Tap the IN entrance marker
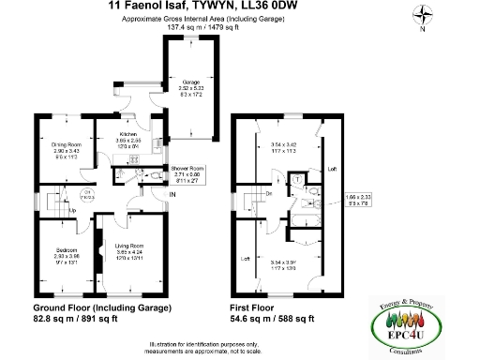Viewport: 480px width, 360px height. tap(172, 194)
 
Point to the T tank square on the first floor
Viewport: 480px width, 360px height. tap(297, 178)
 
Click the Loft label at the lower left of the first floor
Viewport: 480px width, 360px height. tap(245, 258)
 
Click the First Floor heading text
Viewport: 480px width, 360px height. tap(256, 307)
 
